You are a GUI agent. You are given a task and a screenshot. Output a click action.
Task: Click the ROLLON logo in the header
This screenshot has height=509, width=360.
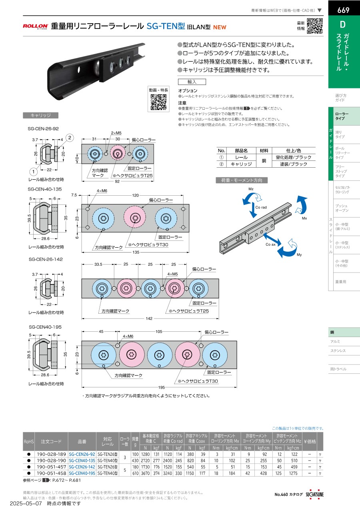(x=36, y=26)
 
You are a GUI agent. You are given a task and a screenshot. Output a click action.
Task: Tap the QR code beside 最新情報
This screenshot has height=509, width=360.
(x=315, y=26)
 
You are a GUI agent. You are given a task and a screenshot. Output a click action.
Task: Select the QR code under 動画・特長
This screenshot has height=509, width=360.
(x=158, y=102)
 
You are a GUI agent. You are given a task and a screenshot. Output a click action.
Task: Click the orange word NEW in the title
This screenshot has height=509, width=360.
(x=220, y=27)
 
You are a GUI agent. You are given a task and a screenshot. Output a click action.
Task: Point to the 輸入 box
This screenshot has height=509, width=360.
(x=192, y=82)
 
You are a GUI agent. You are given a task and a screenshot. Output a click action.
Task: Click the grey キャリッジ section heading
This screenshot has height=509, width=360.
(x=41, y=115)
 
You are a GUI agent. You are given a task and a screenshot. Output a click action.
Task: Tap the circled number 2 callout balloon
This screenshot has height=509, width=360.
(x=70, y=138)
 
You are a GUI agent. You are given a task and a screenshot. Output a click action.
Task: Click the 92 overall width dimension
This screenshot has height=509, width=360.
(x=117, y=181)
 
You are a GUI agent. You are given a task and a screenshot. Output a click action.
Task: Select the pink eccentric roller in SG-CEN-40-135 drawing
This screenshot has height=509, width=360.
(x=135, y=218)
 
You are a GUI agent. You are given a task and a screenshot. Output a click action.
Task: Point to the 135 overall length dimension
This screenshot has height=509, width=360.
(x=136, y=252)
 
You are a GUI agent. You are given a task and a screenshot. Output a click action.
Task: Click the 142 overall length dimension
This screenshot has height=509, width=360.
(x=149, y=319)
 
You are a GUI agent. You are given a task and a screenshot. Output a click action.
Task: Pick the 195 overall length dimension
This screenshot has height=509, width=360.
(x=162, y=387)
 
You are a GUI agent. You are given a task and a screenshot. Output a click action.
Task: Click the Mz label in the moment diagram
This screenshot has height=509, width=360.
(x=251, y=189)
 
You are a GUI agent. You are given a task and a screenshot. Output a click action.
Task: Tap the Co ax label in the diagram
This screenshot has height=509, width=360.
(x=270, y=244)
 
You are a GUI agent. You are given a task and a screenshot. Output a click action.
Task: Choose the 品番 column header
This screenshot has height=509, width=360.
(x=82, y=441)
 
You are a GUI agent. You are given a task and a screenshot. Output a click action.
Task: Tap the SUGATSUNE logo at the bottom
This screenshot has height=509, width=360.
(x=314, y=494)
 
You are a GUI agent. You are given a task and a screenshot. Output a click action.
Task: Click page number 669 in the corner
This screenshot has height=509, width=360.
(x=344, y=10)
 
